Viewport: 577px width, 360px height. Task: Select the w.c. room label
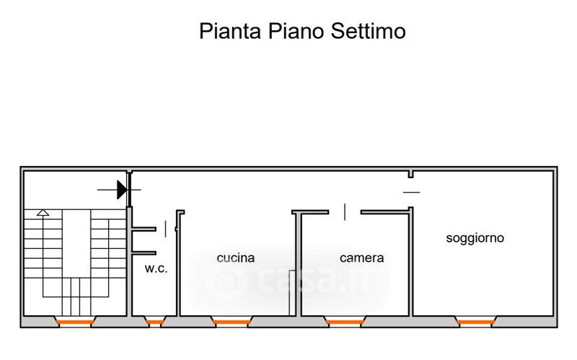[156, 268]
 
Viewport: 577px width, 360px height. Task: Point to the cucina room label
[236, 258]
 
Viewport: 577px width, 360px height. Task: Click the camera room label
[362, 258]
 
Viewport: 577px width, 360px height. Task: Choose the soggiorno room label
[475, 237]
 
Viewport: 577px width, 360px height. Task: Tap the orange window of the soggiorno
[475, 320]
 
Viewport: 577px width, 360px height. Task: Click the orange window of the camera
[344, 320]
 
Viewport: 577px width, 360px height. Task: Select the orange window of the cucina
[232, 321]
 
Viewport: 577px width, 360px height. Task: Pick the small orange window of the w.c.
[155, 321]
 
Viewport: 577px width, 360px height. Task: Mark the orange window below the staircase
[74, 321]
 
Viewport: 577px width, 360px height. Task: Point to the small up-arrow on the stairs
[43, 213]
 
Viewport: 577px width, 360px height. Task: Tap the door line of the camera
[345, 212]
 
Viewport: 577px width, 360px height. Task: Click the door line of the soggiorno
[411, 191]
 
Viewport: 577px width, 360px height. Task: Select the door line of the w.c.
[167, 229]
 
